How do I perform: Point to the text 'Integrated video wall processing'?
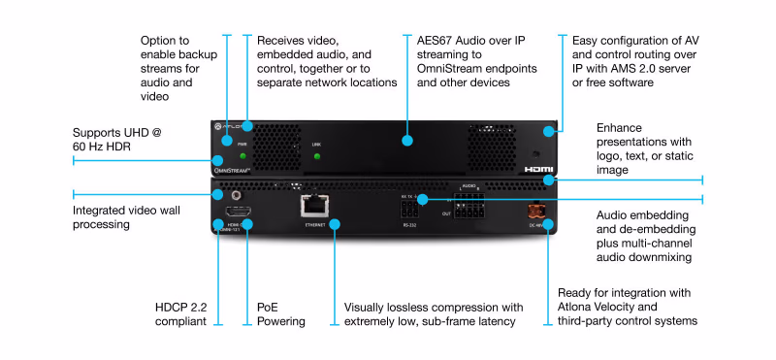coord(115,216)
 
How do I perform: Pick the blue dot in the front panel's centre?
coord(407,141)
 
